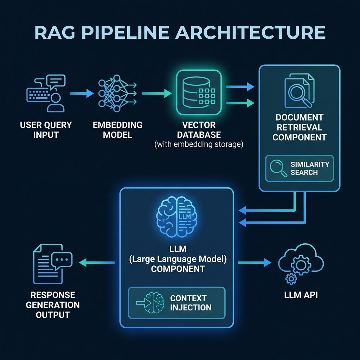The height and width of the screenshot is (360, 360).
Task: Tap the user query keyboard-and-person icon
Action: tap(46, 93)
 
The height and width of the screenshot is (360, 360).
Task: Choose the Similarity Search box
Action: tap(299, 168)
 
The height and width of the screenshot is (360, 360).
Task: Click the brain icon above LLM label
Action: tap(176, 216)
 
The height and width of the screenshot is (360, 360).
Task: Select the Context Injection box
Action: tap(176, 303)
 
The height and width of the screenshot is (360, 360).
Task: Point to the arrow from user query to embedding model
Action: tap(82, 94)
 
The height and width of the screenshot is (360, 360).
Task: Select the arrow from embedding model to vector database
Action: tap(156, 94)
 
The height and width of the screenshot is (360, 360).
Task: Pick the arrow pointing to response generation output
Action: tap(97, 262)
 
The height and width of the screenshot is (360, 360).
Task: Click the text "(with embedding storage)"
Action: tap(199, 144)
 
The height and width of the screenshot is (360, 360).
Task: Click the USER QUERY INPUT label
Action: tap(46, 130)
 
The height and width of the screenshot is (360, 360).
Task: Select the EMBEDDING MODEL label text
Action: tap(117, 130)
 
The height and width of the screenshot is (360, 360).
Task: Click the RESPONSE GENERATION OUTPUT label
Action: tap(52, 304)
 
